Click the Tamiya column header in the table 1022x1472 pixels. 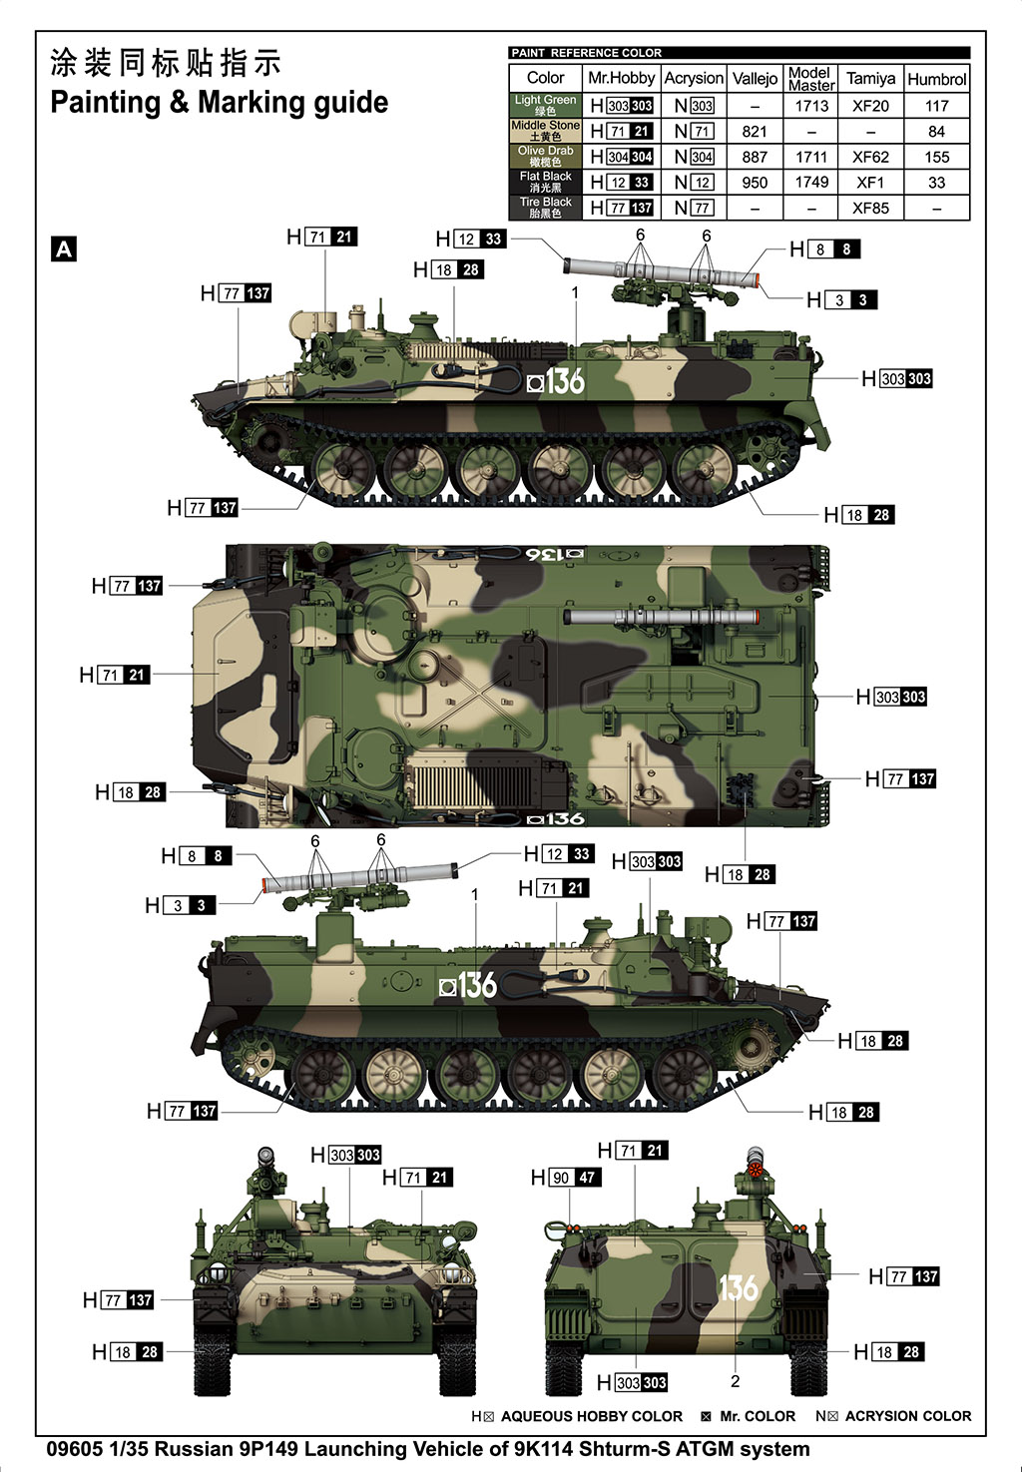[870, 78]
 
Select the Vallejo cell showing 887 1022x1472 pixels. [755, 157]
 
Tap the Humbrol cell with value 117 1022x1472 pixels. [936, 106]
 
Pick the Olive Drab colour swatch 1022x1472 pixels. [545, 157]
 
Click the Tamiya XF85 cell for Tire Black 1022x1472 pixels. [870, 209]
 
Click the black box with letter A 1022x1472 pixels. [64, 249]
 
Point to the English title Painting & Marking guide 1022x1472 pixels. [219, 103]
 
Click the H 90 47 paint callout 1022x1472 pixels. [565, 1178]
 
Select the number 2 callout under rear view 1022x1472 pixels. [736, 1381]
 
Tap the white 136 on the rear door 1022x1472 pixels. [739, 1288]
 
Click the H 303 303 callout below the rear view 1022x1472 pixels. [632, 1382]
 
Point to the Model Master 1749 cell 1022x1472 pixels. [811, 183]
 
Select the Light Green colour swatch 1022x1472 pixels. [545, 105]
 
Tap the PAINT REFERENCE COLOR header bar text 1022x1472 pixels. [586, 53]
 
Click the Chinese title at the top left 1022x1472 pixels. [166, 63]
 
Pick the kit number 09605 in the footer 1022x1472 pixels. [75, 1449]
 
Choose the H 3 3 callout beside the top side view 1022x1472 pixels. [841, 300]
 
